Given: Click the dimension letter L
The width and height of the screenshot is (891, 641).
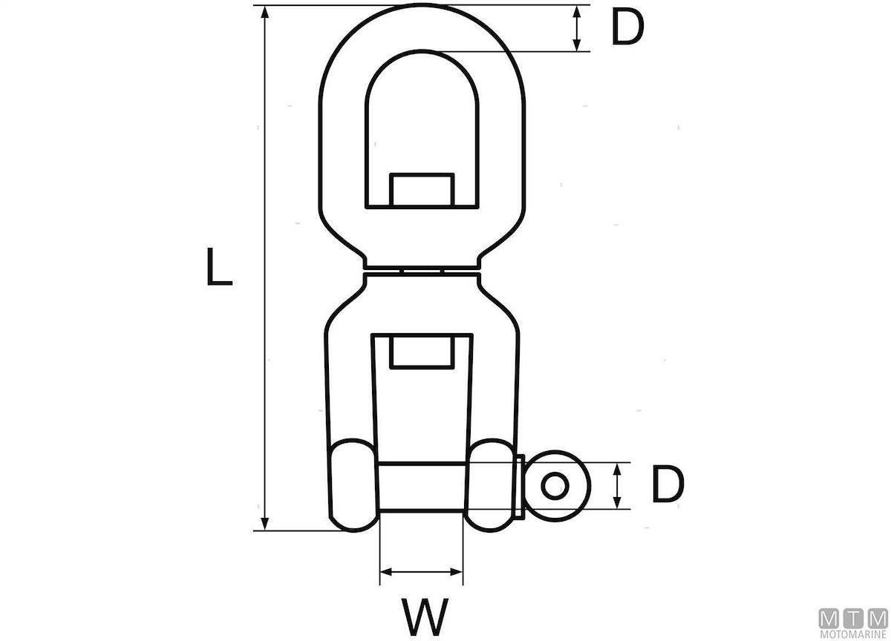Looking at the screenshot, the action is pyautogui.click(x=219, y=266).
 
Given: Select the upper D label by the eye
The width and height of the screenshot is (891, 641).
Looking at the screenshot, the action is pyautogui.click(x=627, y=27).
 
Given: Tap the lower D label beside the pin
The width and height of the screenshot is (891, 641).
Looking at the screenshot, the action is pyautogui.click(x=668, y=484).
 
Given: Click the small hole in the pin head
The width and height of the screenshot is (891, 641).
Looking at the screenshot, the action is pyautogui.click(x=555, y=486).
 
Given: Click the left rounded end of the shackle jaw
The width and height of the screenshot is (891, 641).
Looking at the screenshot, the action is pyautogui.click(x=353, y=484).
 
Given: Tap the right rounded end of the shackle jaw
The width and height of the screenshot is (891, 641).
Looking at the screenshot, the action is pyautogui.click(x=491, y=484).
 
